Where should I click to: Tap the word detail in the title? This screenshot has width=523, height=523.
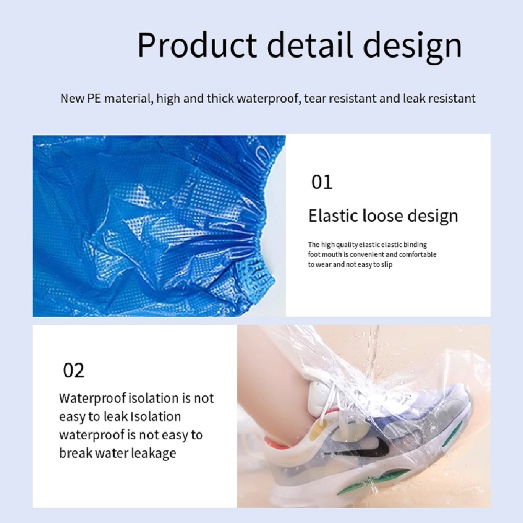tap(306, 46)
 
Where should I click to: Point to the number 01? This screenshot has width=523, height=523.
tap(322, 182)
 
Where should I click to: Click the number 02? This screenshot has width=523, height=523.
tap(73, 370)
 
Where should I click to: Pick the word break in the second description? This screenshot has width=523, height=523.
tap(75, 452)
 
